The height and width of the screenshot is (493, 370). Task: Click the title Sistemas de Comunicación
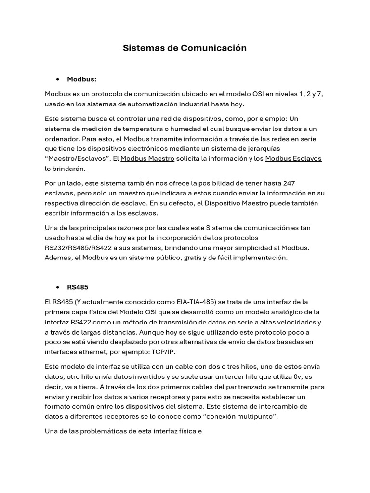point(185,48)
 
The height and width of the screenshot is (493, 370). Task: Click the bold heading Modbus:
point(82,79)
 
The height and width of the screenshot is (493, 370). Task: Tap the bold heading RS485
point(78,287)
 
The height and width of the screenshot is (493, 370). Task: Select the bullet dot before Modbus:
point(57,79)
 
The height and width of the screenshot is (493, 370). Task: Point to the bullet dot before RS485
point(57,287)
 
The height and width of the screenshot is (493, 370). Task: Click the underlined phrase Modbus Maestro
point(147,158)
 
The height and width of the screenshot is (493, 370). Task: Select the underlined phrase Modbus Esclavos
point(293,158)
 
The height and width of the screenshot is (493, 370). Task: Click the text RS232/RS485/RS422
point(77,247)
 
